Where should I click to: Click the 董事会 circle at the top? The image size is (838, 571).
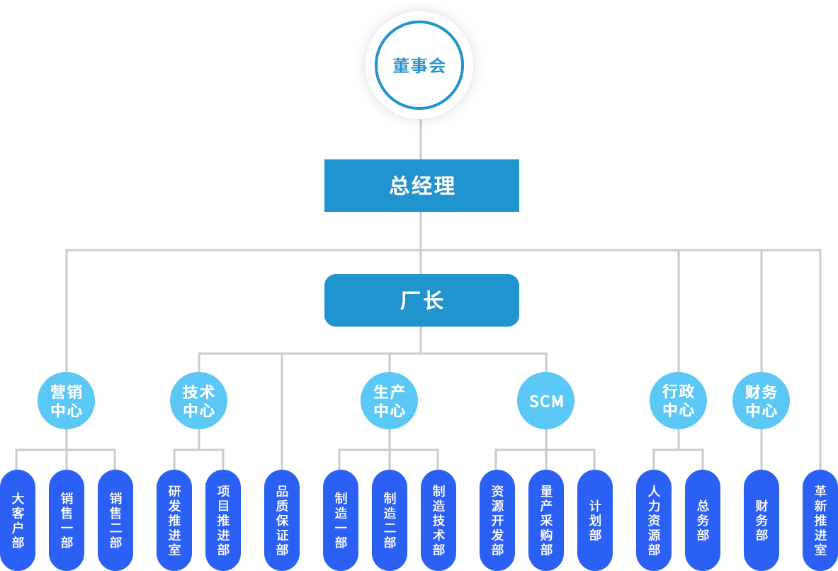[419, 65]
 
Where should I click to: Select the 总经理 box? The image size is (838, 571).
[421, 185]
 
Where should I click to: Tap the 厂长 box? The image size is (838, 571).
[421, 300]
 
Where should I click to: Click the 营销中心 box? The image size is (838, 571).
[66, 400]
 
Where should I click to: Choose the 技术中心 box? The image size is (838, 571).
[198, 400]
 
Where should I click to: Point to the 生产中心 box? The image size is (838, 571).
[389, 400]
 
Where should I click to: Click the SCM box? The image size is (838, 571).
[545, 400]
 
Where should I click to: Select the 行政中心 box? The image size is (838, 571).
[678, 400]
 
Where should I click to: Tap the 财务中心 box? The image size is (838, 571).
[761, 400]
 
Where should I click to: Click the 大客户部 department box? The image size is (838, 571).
[18, 519]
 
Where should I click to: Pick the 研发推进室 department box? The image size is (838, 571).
[174, 519]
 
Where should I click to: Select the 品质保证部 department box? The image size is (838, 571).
[282, 519]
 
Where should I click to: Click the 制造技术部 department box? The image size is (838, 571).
[438, 519]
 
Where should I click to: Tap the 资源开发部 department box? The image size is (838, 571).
[497, 519]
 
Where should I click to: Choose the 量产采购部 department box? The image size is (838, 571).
[546, 519]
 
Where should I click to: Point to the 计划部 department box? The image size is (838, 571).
[595, 519]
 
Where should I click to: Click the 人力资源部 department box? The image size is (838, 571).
[653, 519]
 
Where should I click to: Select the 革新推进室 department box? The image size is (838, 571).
[820, 519]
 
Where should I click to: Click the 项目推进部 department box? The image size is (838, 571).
[223, 519]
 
